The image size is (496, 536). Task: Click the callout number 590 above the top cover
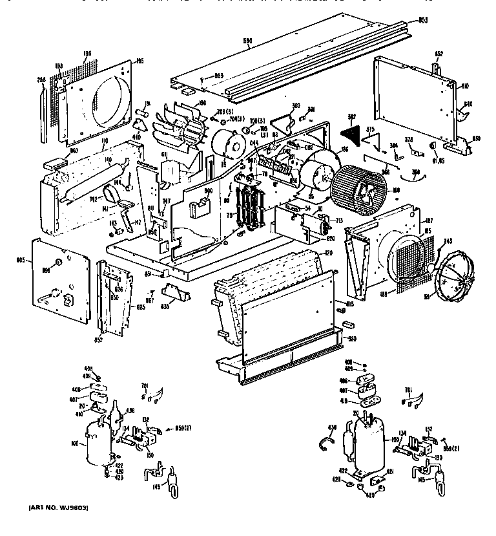click(246, 41)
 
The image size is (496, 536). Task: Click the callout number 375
click(371, 129)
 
